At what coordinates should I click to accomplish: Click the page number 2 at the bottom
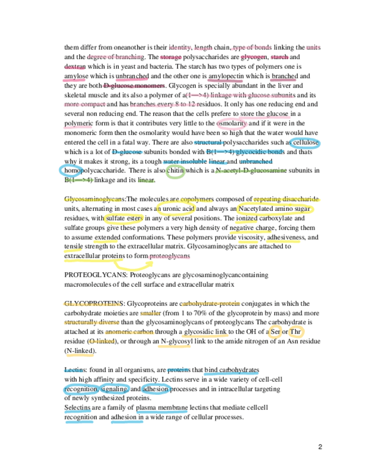click(320, 447)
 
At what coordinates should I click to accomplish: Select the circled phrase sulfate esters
click(124, 218)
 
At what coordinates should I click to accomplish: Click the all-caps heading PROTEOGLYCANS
click(91, 275)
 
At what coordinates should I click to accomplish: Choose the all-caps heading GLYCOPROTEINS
click(94, 303)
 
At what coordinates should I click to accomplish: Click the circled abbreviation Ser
click(274, 332)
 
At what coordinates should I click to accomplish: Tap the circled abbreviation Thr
click(295, 332)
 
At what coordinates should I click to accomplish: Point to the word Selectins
click(79, 408)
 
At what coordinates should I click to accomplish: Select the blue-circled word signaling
click(115, 389)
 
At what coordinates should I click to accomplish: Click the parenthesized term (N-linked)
click(80, 351)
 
